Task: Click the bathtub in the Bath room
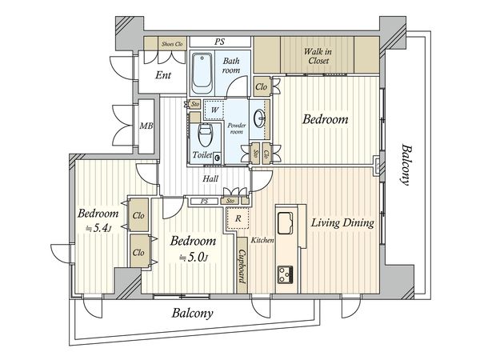pyautogui.click(x=202, y=74)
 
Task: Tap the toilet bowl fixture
pyautogui.click(x=206, y=134)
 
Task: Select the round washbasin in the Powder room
pyautogui.click(x=261, y=118)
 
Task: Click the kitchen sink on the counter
pyautogui.click(x=285, y=223)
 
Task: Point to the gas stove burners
pyautogui.click(x=286, y=274)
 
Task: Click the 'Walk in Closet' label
pyautogui.click(x=318, y=56)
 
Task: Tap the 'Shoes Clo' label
pyautogui.click(x=172, y=44)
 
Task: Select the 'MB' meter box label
pyautogui.click(x=146, y=126)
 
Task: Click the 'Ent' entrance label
pyautogui.click(x=163, y=75)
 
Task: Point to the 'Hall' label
pyautogui.click(x=210, y=178)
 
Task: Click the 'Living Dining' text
pyautogui.click(x=342, y=223)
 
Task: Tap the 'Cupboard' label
pyautogui.click(x=242, y=266)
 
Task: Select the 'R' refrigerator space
pyautogui.click(x=238, y=218)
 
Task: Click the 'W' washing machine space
pyautogui.click(x=214, y=110)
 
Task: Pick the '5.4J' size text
pyautogui.click(x=98, y=228)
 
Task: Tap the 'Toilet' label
pyautogui.click(x=202, y=155)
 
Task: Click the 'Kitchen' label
pyautogui.click(x=262, y=240)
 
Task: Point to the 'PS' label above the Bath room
pyautogui.click(x=219, y=42)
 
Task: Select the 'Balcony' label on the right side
pyautogui.click(x=406, y=165)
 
